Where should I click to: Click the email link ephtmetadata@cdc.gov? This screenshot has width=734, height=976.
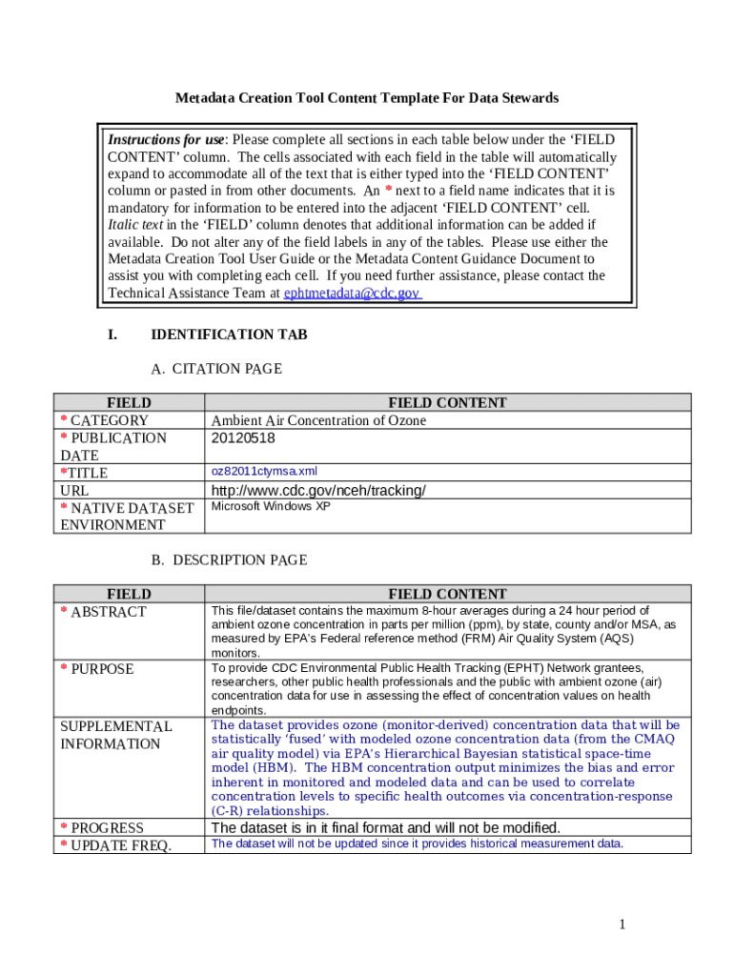pyautogui.click(x=352, y=294)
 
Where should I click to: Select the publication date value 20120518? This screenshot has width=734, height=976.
pyautogui.click(x=243, y=438)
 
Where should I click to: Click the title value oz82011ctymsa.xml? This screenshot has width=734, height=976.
pyautogui.click(x=264, y=472)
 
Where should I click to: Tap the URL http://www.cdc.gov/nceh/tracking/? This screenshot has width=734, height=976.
pyautogui.click(x=318, y=491)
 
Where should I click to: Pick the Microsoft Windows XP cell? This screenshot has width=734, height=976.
pyautogui.click(x=271, y=507)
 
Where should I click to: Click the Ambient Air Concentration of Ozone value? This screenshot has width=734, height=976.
pyautogui.click(x=318, y=420)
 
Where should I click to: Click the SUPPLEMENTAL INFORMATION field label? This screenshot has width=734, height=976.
pyautogui.click(x=115, y=735)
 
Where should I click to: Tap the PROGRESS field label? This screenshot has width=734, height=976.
pyautogui.click(x=107, y=828)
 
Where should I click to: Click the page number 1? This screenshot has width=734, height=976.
pyautogui.click(x=621, y=925)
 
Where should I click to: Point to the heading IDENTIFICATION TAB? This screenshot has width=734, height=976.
pyautogui.click(x=229, y=335)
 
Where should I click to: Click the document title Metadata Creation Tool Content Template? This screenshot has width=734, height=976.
pyautogui.click(x=366, y=98)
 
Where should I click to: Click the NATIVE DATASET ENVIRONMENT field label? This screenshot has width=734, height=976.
pyautogui.click(x=126, y=517)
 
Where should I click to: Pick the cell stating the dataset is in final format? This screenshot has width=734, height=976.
pyautogui.click(x=385, y=827)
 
